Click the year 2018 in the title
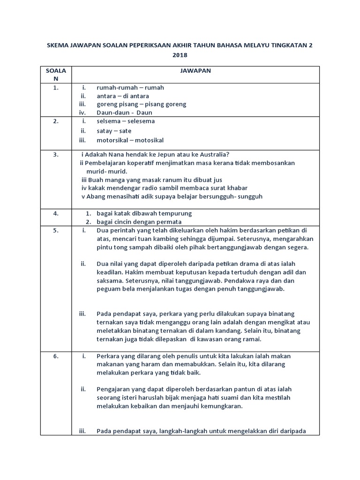pyautogui.click(x=180, y=55)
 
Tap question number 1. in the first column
pyautogui.click(x=56, y=87)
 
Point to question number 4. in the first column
pyautogui.click(x=56, y=213)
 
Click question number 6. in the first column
pyautogui.click(x=56, y=356)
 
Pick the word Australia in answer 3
pyautogui.click(x=211, y=155)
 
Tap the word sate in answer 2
pyautogui.click(x=126, y=131)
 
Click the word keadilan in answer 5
pyautogui.click(x=110, y=272)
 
